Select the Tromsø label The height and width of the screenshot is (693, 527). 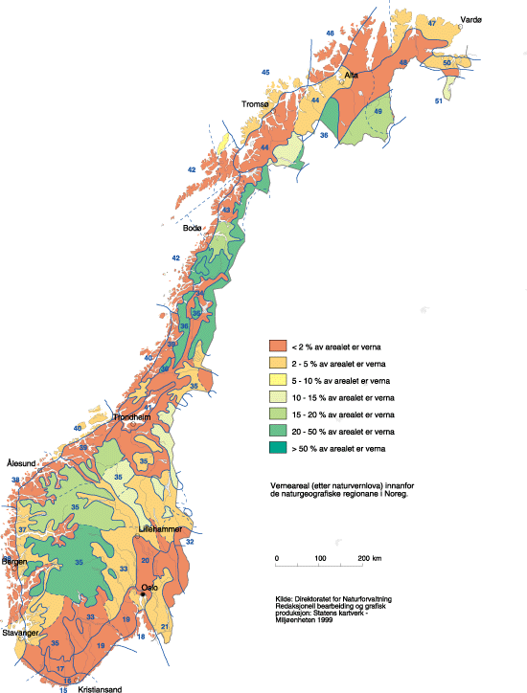pyautogui.click(x=257, y=104)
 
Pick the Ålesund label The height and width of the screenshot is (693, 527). pyautogui.click(x=20, y=463)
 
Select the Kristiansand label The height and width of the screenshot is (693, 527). pyautogui.click(x=100, y=687)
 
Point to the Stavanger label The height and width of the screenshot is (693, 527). pyautogui.click(x=20, y=633)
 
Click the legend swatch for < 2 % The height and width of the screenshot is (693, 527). pyautogui.click(x=278, y=346)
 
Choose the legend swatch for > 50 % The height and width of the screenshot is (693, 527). pyautogui.click(x=278, y=447)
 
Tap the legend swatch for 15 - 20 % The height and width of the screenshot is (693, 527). pyautogui.click(x=278, y=414)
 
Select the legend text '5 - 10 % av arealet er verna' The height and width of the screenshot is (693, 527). pyautogui.click(x=338, y=380)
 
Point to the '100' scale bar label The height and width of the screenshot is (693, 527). pyautogui.click(x=319, y=558)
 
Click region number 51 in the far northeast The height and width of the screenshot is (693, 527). pyautogui.click(x=439, y=101)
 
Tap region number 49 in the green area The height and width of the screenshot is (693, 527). pyautogui.click(x=378, y=112)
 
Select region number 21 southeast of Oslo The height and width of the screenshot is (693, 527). pyautogui.click(x=164, y=626)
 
